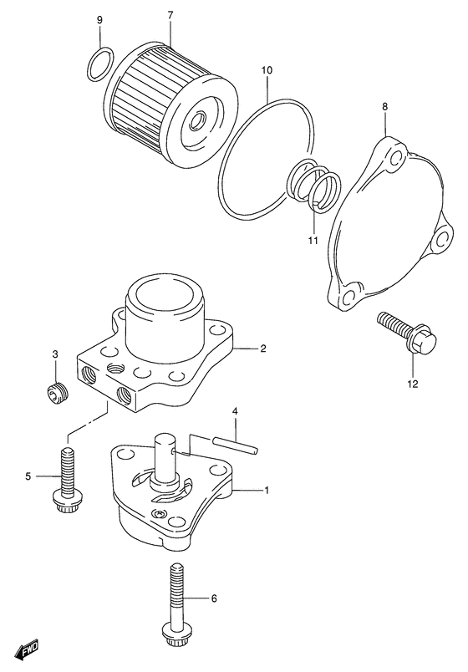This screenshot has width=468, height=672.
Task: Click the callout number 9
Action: coord(99,20)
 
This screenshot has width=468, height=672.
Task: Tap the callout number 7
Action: coord(170,15)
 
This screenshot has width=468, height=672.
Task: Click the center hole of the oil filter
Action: coord(198,121)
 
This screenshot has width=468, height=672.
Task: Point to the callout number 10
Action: coord(267,70)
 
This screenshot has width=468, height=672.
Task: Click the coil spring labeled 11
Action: coord(314,183)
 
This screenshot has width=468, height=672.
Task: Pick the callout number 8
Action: coord(385,106)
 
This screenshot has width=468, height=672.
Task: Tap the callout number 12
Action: coord(412,384)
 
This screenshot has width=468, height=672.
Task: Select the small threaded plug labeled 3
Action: coord(58,392)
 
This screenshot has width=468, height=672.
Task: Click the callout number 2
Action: coord(262,348)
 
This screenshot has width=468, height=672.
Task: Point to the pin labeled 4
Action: coord(237,444)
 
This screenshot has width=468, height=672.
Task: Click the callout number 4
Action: coord(235,411)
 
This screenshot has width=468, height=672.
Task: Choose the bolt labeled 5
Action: coord(67,481)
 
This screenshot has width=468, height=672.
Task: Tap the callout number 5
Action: coord(28,476)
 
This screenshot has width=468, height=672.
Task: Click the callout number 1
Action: coord(266,490)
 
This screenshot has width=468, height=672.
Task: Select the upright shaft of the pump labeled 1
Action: coord(164,459)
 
